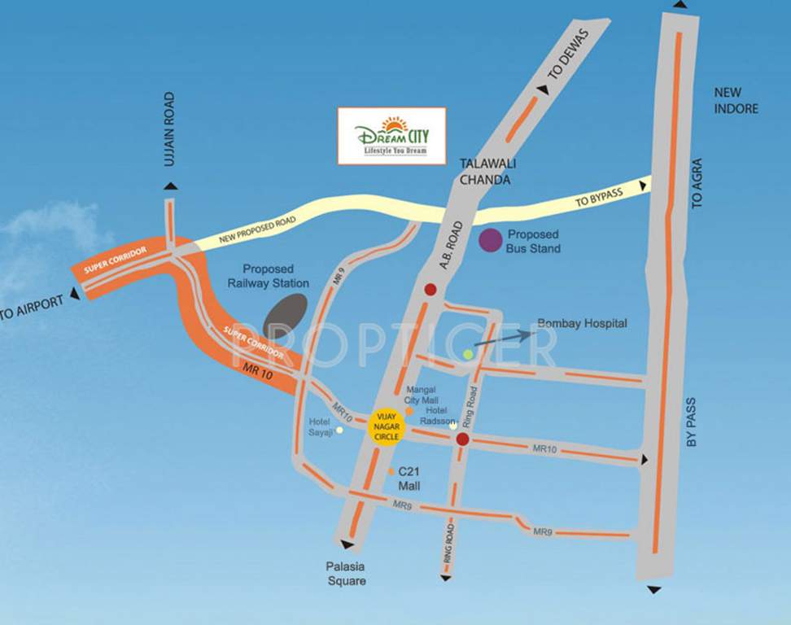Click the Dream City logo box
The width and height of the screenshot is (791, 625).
391,136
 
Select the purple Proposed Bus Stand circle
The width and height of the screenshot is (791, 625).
490,240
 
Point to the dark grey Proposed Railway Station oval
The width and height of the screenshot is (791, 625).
285,313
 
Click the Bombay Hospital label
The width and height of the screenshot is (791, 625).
583,324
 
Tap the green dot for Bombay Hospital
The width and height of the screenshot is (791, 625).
468,354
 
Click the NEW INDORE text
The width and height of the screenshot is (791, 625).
736,101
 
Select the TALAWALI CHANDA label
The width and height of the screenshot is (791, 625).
488,171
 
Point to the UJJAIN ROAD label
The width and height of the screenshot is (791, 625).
169,129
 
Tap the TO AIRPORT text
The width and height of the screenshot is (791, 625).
32,308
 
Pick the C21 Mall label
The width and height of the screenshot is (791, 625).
409,478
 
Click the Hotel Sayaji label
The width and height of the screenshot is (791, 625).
322,427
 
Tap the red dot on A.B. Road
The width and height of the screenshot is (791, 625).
430,289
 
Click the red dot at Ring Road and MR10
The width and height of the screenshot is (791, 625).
462,439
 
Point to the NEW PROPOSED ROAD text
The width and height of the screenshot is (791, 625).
255,229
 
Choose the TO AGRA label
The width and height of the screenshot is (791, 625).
697,184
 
